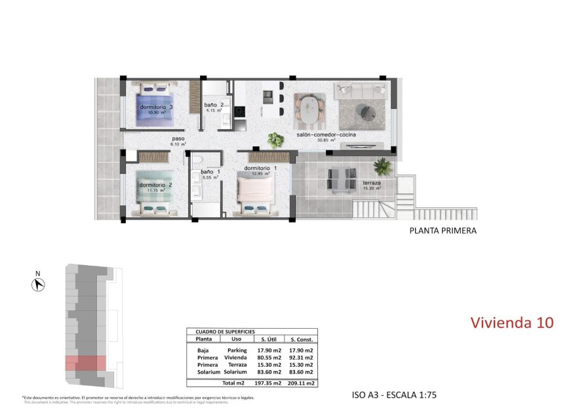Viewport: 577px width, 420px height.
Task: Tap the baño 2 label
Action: coord(214,105)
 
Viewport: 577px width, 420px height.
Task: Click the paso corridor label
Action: coord(178,139)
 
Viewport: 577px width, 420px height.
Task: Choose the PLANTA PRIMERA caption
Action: coord(443,230)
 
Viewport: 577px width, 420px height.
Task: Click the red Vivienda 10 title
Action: coord(512,322)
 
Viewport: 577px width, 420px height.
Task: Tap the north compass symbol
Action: coord(38,284)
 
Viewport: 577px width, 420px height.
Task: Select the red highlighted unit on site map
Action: coord(85,363)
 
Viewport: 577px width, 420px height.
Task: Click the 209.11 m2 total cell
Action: coord(302,383)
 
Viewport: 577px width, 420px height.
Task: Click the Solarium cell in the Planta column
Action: coord(203,372)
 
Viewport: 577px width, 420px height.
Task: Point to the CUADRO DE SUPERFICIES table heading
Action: coord(221,332)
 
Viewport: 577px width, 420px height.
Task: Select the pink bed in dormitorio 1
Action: coord(255,191)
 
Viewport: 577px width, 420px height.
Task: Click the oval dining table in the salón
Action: coord(309,110)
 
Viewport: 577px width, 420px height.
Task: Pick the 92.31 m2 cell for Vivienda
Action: coord(302,358)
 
